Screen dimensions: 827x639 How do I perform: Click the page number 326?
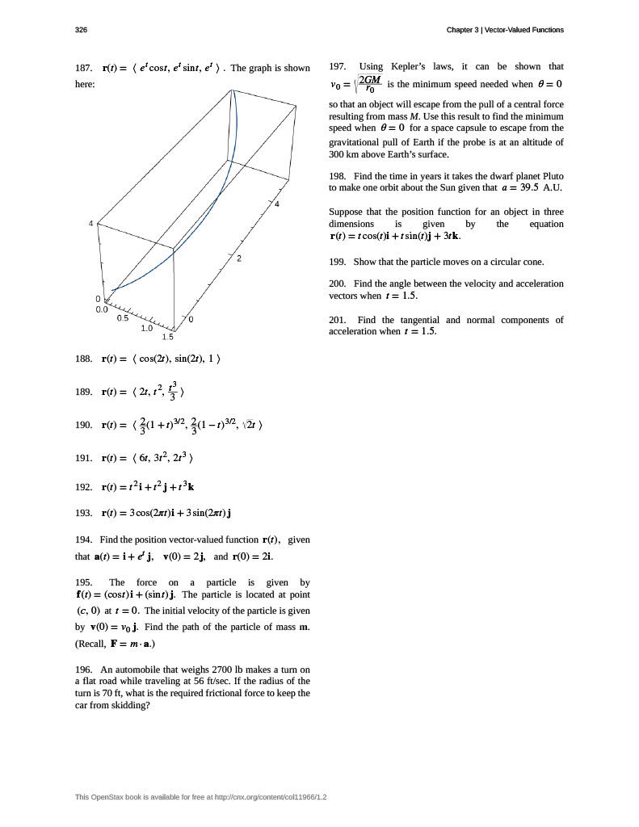tap(81, 30)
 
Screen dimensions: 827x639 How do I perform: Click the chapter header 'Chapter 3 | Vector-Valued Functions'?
tap(505, 30)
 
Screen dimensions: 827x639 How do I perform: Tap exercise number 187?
tap(83, 68)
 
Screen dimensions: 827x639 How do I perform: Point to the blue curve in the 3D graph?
tap(193, 234)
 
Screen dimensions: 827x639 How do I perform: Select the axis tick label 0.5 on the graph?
tap(123, 317)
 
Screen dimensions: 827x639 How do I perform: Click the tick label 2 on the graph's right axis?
tap(239, 258)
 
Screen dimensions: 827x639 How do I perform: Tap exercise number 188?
tap(83, 359)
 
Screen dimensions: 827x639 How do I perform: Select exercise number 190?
tap(83, 425)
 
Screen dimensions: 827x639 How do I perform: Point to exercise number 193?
tap(83, 513)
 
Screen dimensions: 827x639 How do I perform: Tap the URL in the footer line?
tap(271, 798)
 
